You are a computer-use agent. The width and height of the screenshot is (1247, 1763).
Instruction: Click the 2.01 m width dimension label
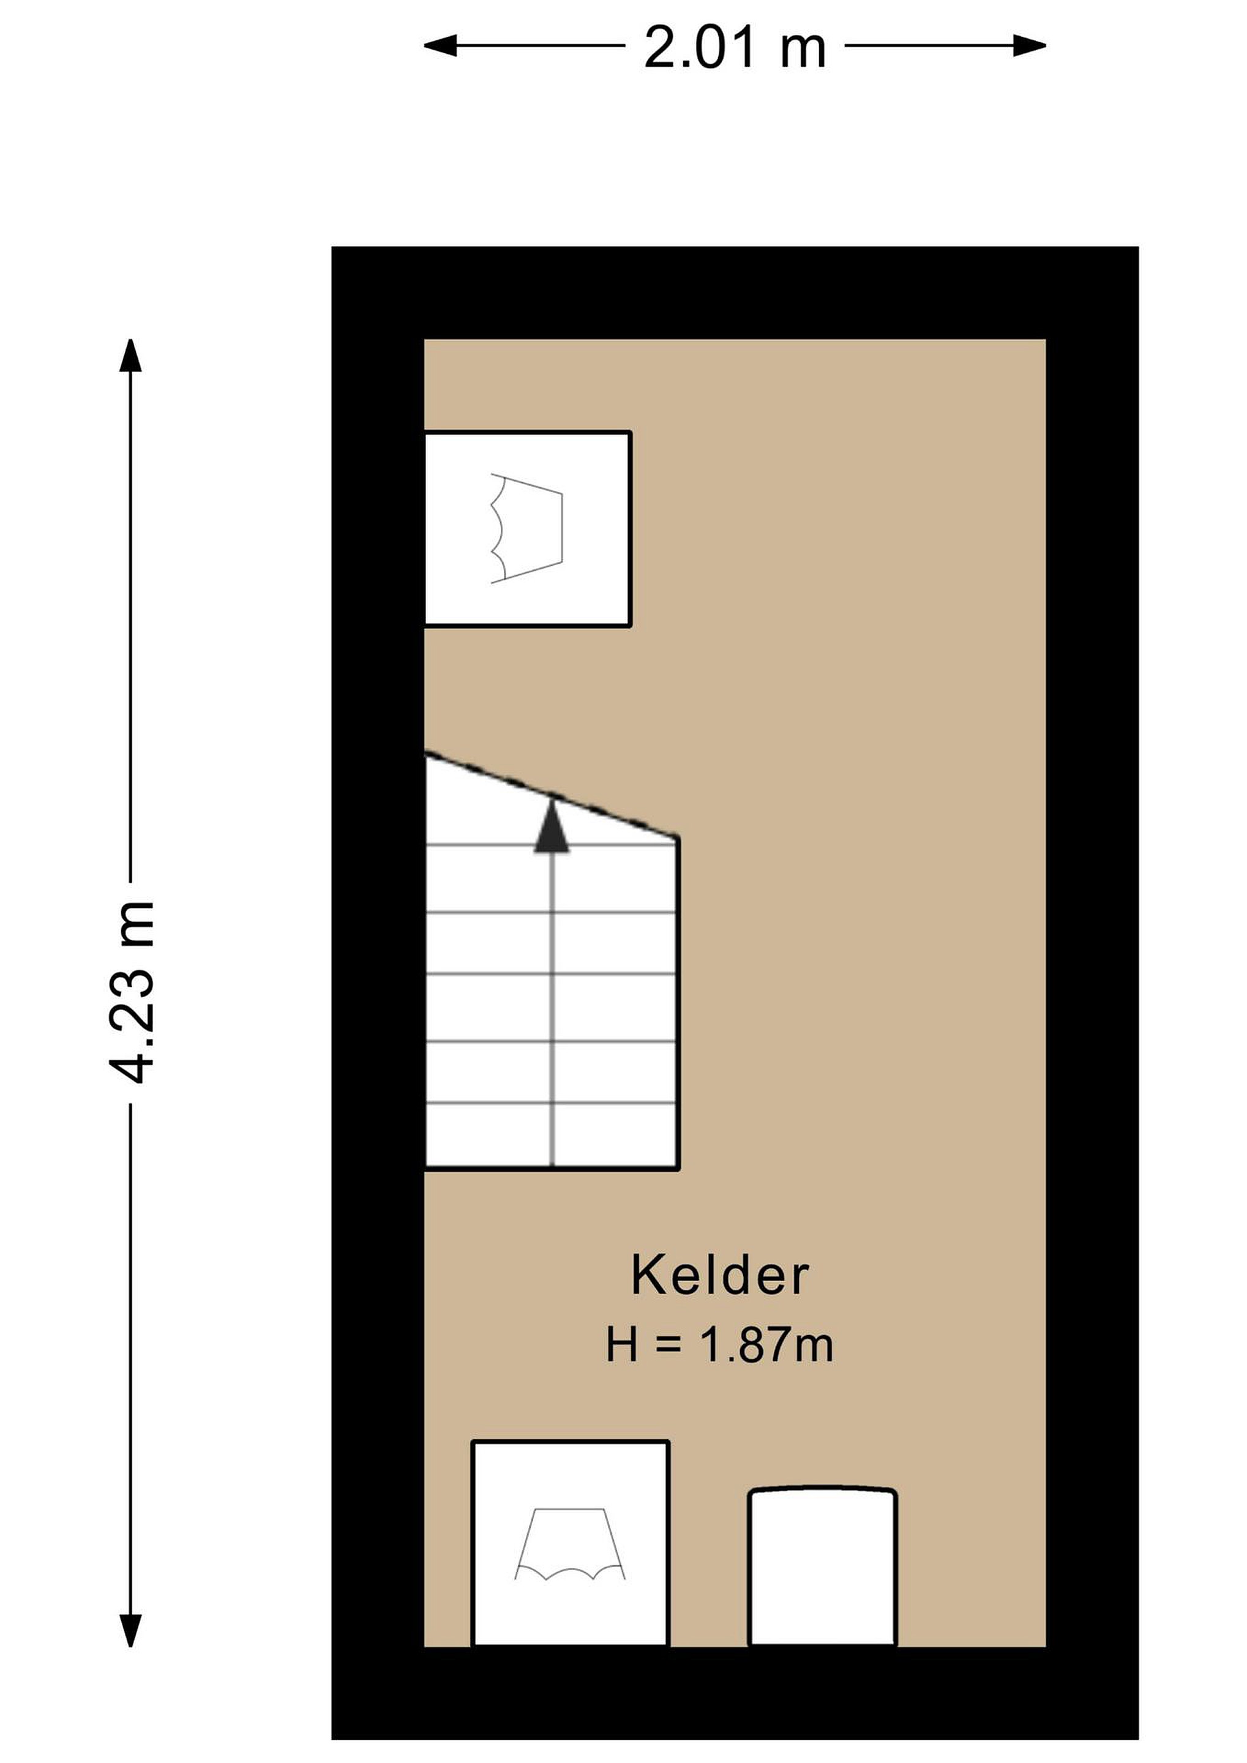[734, 48]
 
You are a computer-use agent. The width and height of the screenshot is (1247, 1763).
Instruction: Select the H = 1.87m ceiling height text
[719, 1346]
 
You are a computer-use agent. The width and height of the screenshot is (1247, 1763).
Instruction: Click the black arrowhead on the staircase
[552, 825]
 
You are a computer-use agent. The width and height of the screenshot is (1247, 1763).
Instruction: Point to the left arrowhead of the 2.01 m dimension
[441, 46]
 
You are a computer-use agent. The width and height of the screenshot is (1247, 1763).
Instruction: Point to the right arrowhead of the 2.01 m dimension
[1029, 46]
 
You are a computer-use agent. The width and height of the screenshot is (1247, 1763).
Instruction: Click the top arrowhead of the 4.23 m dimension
[130, 356]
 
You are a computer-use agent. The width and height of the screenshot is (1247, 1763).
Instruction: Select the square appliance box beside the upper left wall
[528, 529]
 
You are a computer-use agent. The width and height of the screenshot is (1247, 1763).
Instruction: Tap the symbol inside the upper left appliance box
[526, 529]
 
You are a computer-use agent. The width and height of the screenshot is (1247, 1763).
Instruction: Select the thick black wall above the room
[735, 293]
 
